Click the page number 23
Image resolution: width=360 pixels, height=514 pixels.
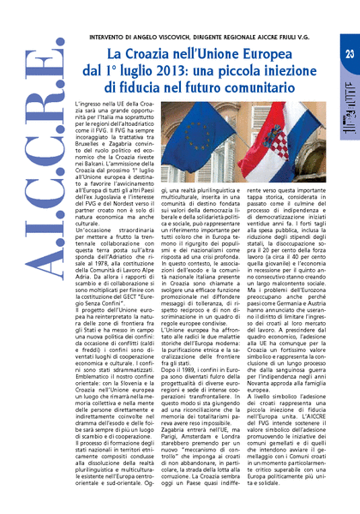tap(348, 54)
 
